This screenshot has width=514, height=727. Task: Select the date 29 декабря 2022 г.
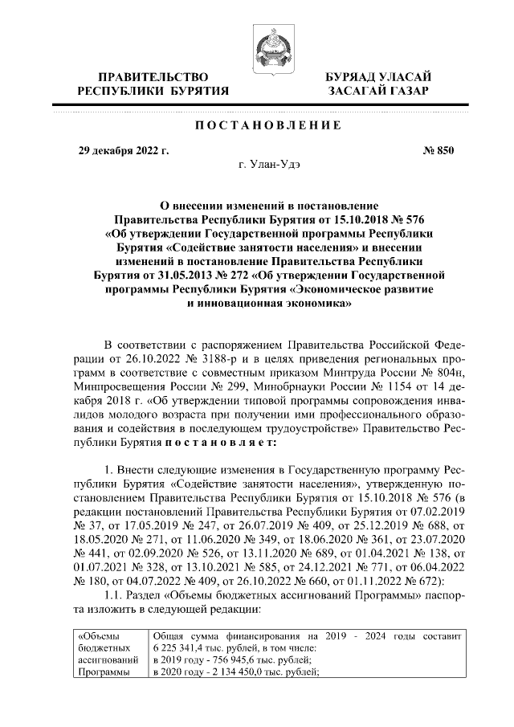point(123,150)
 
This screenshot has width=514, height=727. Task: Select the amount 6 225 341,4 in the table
point(178,648)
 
